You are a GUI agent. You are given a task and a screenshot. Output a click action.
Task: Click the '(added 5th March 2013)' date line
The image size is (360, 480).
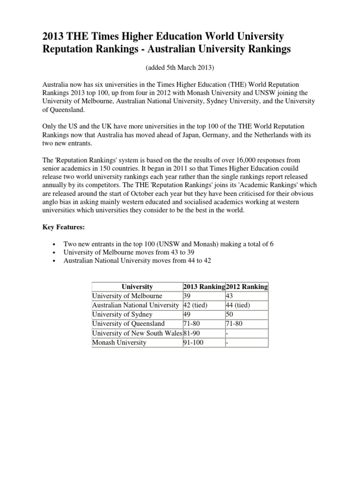[x=180, y=67]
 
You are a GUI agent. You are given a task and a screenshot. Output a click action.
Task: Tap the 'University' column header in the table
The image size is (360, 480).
[x=137, y=286]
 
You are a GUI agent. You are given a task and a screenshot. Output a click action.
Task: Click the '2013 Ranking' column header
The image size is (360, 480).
[x=203, y=286]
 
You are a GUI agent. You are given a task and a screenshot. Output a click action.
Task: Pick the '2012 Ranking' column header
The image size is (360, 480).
[x=247, y=286]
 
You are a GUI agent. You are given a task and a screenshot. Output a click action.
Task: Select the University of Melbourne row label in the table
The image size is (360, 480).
[x=127, y=296]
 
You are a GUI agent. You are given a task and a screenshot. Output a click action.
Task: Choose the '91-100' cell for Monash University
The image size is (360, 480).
[x=195, y=342]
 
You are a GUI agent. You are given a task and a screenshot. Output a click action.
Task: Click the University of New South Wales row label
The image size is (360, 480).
[x=136, y=333]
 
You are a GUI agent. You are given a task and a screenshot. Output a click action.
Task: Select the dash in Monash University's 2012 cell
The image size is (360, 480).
[x=228, y=342]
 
